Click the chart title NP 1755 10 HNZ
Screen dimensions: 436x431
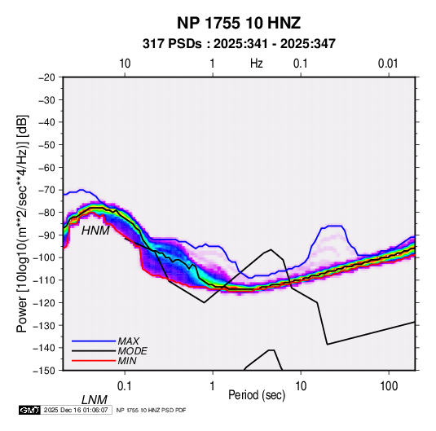239,23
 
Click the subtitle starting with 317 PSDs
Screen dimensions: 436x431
239,44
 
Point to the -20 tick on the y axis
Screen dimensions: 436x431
46,77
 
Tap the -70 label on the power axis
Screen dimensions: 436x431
46,190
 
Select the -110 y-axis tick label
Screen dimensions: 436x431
45,280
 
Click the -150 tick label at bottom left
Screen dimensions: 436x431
45,371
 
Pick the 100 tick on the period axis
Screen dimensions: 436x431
389,386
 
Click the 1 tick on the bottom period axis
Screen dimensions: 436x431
213,386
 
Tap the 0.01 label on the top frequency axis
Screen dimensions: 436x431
388,64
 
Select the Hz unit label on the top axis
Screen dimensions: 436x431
257,64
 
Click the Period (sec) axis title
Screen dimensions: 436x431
257,395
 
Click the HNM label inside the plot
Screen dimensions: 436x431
95,231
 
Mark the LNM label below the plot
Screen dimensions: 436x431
95,400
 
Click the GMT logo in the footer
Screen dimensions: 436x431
29,410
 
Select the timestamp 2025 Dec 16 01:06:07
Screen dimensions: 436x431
76,410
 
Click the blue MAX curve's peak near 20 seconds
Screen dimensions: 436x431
335,226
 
